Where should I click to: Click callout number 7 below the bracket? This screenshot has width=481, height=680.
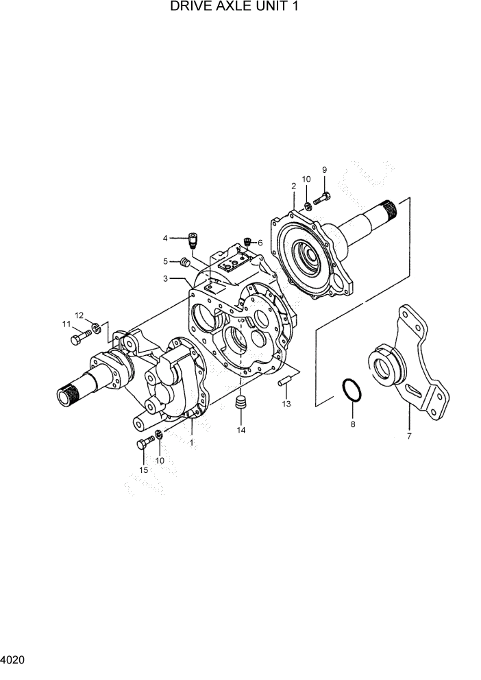409,437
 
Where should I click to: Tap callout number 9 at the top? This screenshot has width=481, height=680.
324,170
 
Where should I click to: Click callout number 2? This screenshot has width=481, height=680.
293,186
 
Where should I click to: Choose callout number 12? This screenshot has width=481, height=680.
79,315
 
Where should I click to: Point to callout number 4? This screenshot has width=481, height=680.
165,238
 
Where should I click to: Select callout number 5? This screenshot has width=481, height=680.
165,261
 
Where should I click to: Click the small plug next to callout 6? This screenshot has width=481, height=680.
248,241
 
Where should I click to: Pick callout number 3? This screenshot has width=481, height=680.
165,278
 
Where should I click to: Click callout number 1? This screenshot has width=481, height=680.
192,443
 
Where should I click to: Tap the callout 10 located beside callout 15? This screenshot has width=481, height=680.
160,461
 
